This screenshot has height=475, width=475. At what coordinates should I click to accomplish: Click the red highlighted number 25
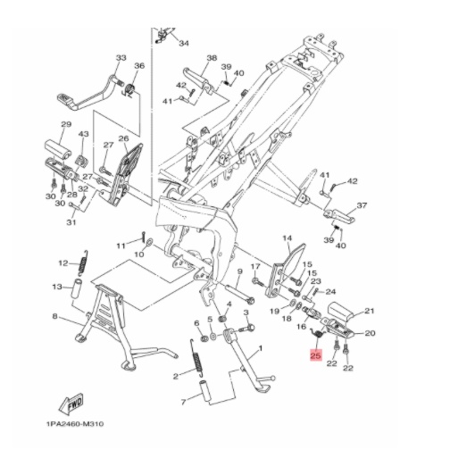315,354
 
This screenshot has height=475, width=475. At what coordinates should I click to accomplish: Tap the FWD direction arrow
71,404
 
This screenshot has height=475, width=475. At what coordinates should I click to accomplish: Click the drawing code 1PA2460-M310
75,423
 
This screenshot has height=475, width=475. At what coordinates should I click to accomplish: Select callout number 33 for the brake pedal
121,57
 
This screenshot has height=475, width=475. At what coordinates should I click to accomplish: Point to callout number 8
54,317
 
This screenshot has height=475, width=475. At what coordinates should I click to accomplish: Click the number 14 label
287,238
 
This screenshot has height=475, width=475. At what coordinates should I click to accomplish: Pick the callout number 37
362,205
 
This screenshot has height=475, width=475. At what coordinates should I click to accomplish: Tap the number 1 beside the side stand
260,349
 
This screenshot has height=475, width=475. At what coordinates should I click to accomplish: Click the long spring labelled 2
196,358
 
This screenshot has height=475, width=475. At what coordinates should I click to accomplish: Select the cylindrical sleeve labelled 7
204,393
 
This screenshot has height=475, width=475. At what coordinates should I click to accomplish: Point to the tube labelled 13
77,289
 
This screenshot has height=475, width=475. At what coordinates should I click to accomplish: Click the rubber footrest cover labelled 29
58,149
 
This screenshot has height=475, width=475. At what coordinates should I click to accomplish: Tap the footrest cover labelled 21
342,311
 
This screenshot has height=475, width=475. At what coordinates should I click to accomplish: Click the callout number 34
184,44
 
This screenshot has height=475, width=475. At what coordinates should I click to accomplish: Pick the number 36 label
139,66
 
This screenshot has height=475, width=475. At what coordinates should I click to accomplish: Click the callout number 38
212,57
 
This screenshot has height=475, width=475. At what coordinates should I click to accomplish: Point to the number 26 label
123,138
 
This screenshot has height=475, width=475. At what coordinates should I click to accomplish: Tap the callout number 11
121,246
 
